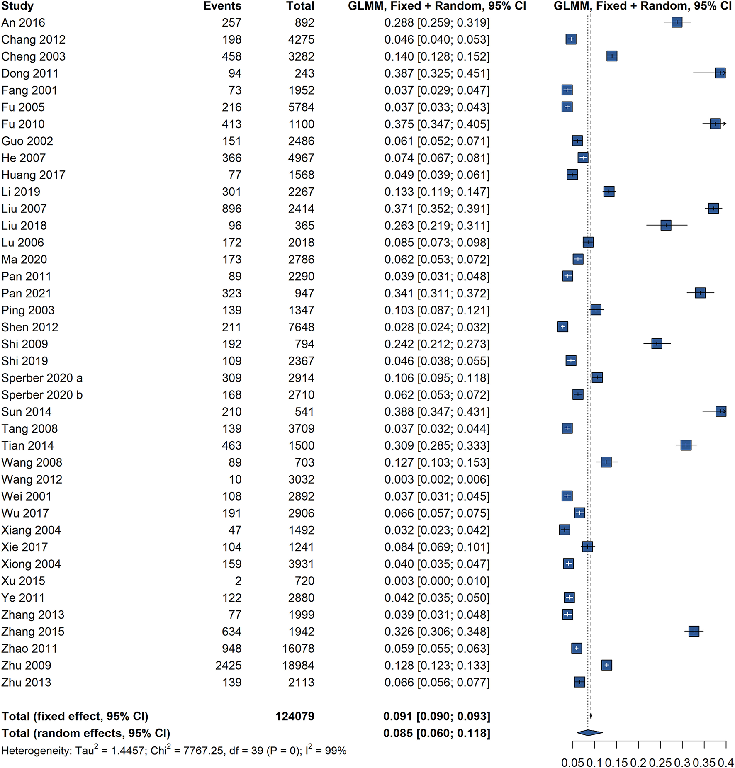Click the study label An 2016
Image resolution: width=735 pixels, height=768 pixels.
[x=23, y=23]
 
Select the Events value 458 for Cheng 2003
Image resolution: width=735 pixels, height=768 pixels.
[x=231, y=56]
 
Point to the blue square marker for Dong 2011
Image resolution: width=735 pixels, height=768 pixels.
[x=720, y=73]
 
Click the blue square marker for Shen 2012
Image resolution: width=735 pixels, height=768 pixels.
[x=562, y=327]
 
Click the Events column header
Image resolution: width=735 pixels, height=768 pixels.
[x=222, y=6]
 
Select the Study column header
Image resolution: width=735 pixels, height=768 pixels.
[x=17, y=6]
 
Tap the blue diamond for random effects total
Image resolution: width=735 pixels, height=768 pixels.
[x=589, y=733]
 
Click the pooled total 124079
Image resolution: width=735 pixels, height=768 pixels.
[x=295, y=716]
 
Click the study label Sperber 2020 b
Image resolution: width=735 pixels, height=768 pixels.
[x=42, y=395]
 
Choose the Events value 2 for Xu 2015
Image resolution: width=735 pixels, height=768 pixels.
[x=238, y=581]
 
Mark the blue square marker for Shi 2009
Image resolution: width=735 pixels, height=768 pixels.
[x=657, y=344]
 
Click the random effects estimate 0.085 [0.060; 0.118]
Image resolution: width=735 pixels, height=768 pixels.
[x=437, y=733]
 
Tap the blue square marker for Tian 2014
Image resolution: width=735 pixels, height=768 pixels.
[x=686, y=445]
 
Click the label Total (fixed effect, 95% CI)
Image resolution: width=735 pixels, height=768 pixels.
[x=75, y=716]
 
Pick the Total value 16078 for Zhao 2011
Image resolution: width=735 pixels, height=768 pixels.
[x=298, y=649]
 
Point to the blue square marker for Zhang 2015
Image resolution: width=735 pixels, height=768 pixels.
[x=694, y=632]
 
